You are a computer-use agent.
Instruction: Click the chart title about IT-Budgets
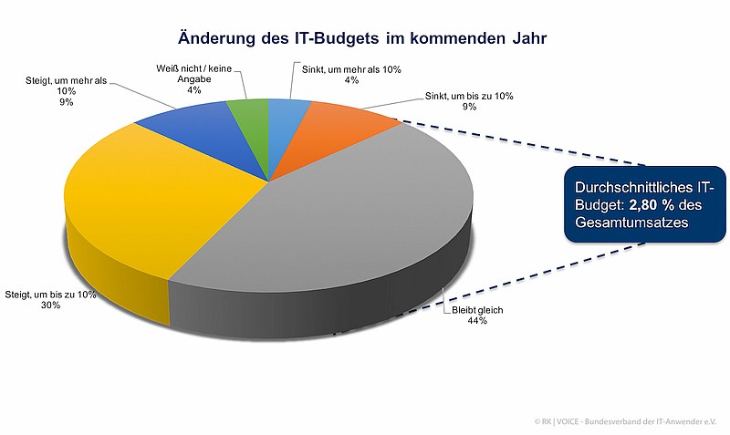tap(361, 38)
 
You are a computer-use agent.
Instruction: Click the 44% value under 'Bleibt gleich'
tap(477, 321)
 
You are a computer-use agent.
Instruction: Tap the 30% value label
tap(50, 306)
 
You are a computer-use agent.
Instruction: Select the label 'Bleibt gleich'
tap(477, 310)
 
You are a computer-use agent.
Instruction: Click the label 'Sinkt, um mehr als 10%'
tap(351, 69)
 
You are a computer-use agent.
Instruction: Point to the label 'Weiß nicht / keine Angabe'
tap(194, 74)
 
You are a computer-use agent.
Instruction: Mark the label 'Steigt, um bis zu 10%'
tap(51, 295)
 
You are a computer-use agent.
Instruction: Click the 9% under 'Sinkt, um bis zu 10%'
tap(469, 107)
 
